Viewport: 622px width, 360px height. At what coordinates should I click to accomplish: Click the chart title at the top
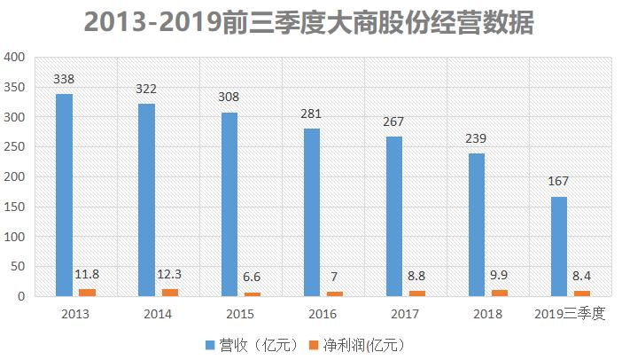[310, 21]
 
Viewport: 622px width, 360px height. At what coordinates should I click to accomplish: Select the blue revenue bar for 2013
[64, 195]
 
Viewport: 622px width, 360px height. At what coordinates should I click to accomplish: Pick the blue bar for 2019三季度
[558, 247]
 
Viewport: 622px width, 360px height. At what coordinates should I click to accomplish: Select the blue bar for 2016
[311, 212]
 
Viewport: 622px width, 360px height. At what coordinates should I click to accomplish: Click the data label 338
[64, 80]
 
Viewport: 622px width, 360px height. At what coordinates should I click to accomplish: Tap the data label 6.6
[251, 278]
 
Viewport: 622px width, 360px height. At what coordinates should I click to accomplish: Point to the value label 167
[558, 182]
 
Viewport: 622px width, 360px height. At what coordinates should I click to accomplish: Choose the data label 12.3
[170, 274]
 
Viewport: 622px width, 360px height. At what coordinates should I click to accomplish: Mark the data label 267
[393, 122]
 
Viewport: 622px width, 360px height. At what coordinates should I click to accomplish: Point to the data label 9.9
[499, 276]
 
